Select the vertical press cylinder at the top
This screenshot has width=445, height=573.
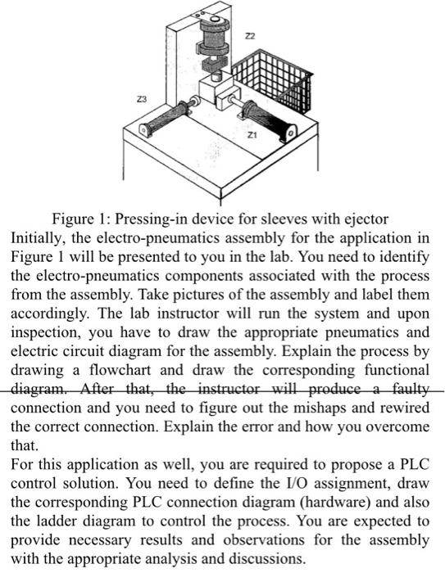212,45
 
